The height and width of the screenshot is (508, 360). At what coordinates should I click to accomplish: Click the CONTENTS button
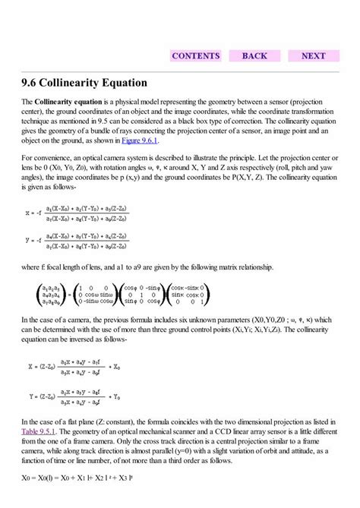[196, 55]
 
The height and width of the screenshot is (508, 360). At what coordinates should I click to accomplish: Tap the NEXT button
[313, 55]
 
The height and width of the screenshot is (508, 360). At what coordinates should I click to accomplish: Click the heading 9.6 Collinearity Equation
[84, 82]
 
